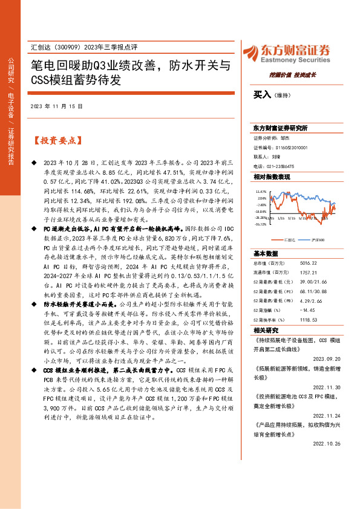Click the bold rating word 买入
261,94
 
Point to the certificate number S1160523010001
290,147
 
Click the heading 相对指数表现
272,177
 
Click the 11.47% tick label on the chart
261,190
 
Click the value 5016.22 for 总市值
308,263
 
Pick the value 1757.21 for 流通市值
308,273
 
